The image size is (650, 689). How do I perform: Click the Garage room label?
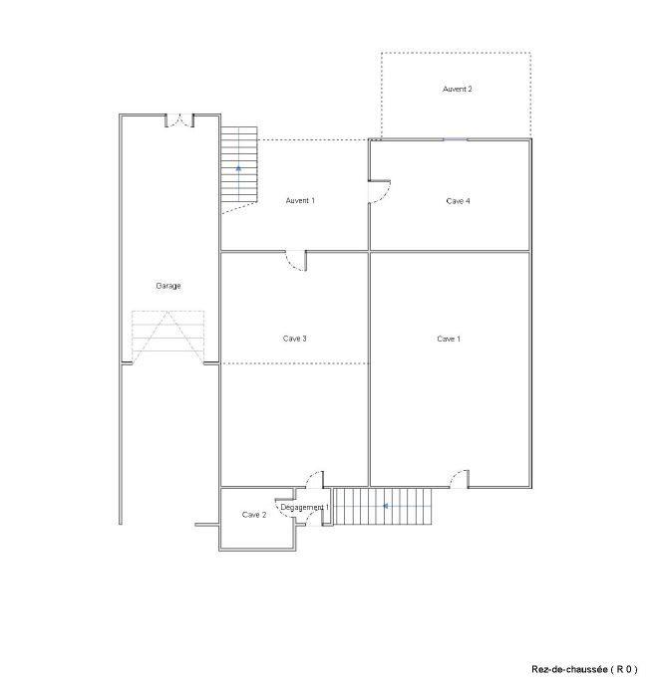168,287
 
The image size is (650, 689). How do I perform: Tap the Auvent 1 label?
300,201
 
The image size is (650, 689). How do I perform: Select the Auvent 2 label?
458,90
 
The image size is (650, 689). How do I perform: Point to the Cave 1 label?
449,340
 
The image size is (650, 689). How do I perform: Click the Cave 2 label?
254,515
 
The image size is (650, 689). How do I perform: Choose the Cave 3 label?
294,340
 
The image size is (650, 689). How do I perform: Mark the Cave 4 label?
458,201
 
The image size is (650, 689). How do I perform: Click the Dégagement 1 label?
304,508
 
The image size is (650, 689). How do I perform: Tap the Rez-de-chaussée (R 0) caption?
584,669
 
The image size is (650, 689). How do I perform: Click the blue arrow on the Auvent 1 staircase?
239,169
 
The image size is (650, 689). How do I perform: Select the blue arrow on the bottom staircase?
385,506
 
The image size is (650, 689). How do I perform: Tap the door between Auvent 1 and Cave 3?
296,262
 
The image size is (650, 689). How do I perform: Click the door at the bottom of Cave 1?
459,479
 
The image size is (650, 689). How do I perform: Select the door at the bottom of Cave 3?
314,479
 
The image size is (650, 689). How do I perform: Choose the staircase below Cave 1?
383,507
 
